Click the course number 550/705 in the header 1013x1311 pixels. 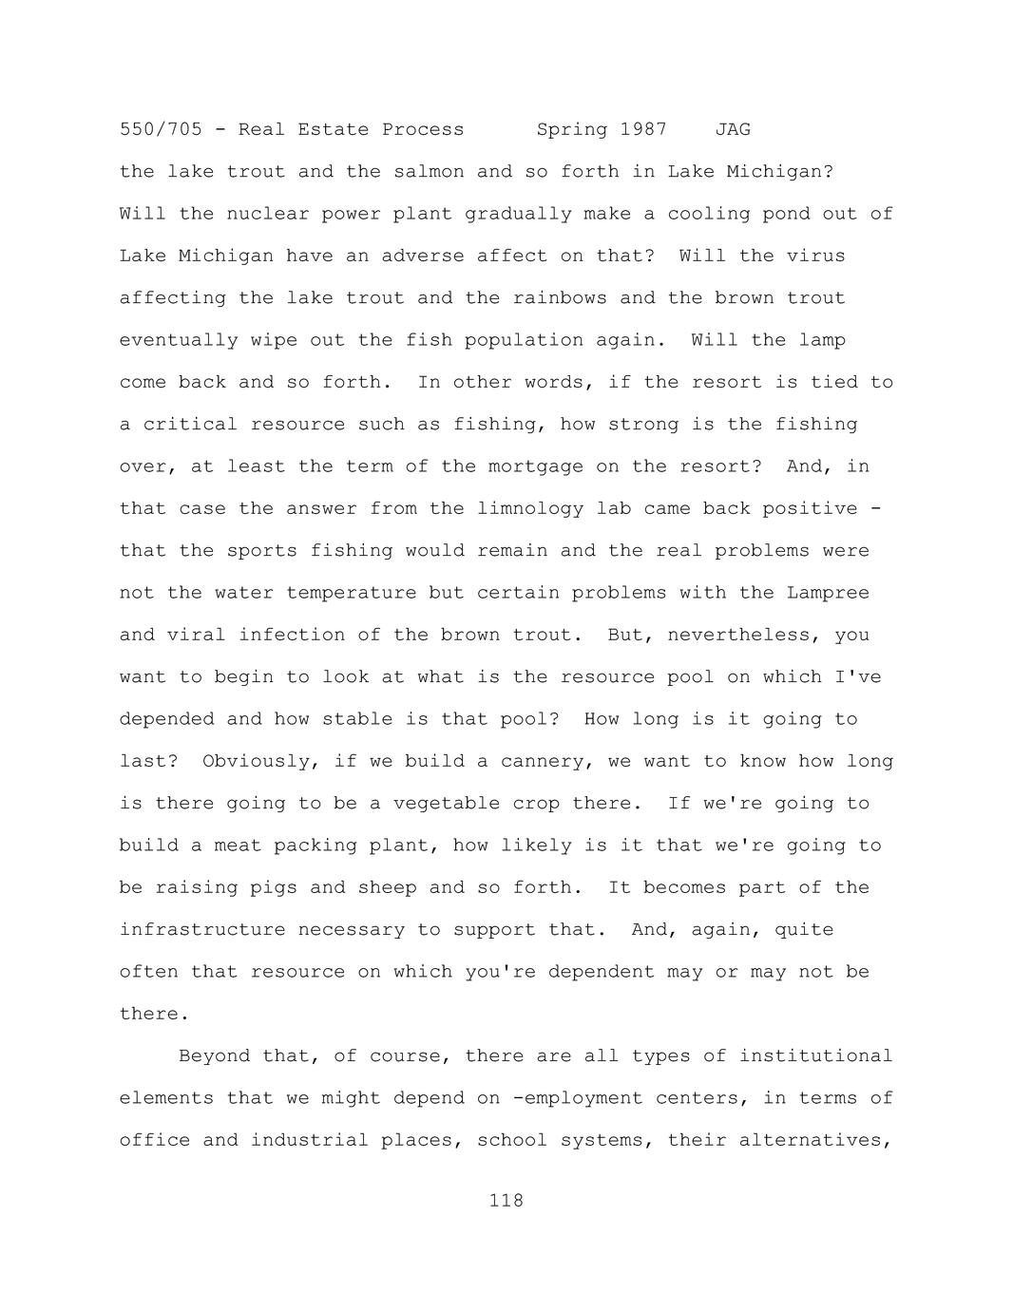[161, 129]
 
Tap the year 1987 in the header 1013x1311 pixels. [643, 129]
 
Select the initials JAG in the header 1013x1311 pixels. [733, 129]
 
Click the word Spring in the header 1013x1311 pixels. [572, 129]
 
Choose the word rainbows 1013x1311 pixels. [560, 298]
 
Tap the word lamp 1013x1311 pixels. [822, 340]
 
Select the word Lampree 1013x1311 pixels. [828, 593]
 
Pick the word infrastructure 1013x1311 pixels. [202, 930]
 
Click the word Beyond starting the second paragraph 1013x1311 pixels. [214, 1056]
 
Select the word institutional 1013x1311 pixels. [815, 1056]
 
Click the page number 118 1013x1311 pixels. [506, 1201]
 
